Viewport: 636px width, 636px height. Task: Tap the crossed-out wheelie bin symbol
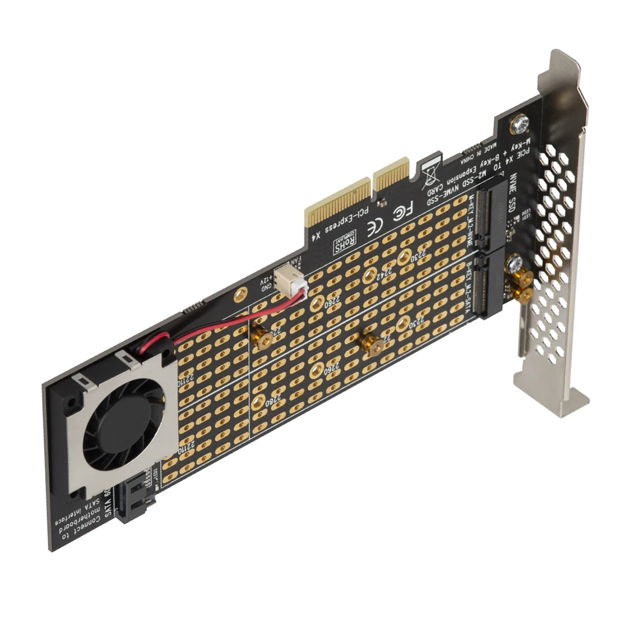click(x=431, y=176)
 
